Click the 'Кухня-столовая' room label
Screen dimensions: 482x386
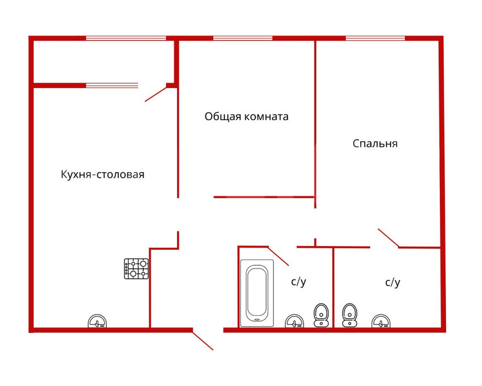tap(102, 175)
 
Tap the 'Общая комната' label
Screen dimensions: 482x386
tap(247, 117)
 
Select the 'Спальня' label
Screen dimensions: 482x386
tap(375, 143)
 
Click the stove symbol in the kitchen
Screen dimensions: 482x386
tap(136, 269)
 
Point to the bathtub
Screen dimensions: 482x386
tap(257, 293)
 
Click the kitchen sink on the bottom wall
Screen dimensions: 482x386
tap(98, 321)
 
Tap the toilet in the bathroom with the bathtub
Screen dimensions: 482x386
tap(321, 315)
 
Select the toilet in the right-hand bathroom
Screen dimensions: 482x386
tap(349, 315)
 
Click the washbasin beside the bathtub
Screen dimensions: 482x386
tap(295, 321)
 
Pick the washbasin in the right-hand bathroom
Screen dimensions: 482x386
tap(381, 321)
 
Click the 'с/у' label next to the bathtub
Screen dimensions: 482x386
tap(299, 282)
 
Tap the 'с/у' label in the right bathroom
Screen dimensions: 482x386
tap(393, 282)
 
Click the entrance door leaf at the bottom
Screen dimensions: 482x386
tap(203, 340)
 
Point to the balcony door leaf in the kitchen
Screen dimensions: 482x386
tap(156, 94)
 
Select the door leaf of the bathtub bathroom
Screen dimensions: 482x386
tap(278, 256)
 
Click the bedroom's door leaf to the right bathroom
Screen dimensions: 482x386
tap(388, 238)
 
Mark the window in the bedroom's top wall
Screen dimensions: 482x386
tap(375, 38)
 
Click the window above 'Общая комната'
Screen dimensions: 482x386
tap(243, 38)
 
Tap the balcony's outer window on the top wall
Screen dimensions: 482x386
tap(126, 38)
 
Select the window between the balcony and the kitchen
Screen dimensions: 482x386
tap(112, 85)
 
